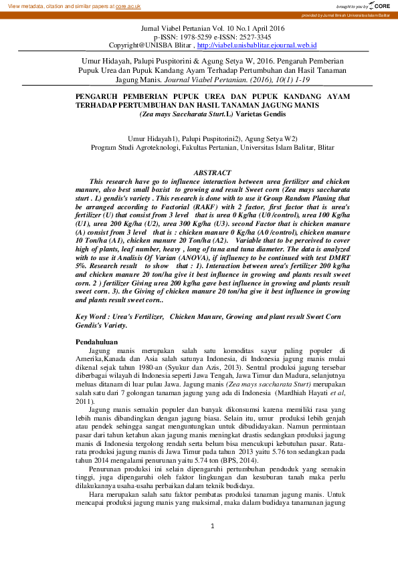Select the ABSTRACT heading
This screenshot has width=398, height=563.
point(212,173)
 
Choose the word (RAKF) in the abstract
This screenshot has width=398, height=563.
point(183,208)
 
